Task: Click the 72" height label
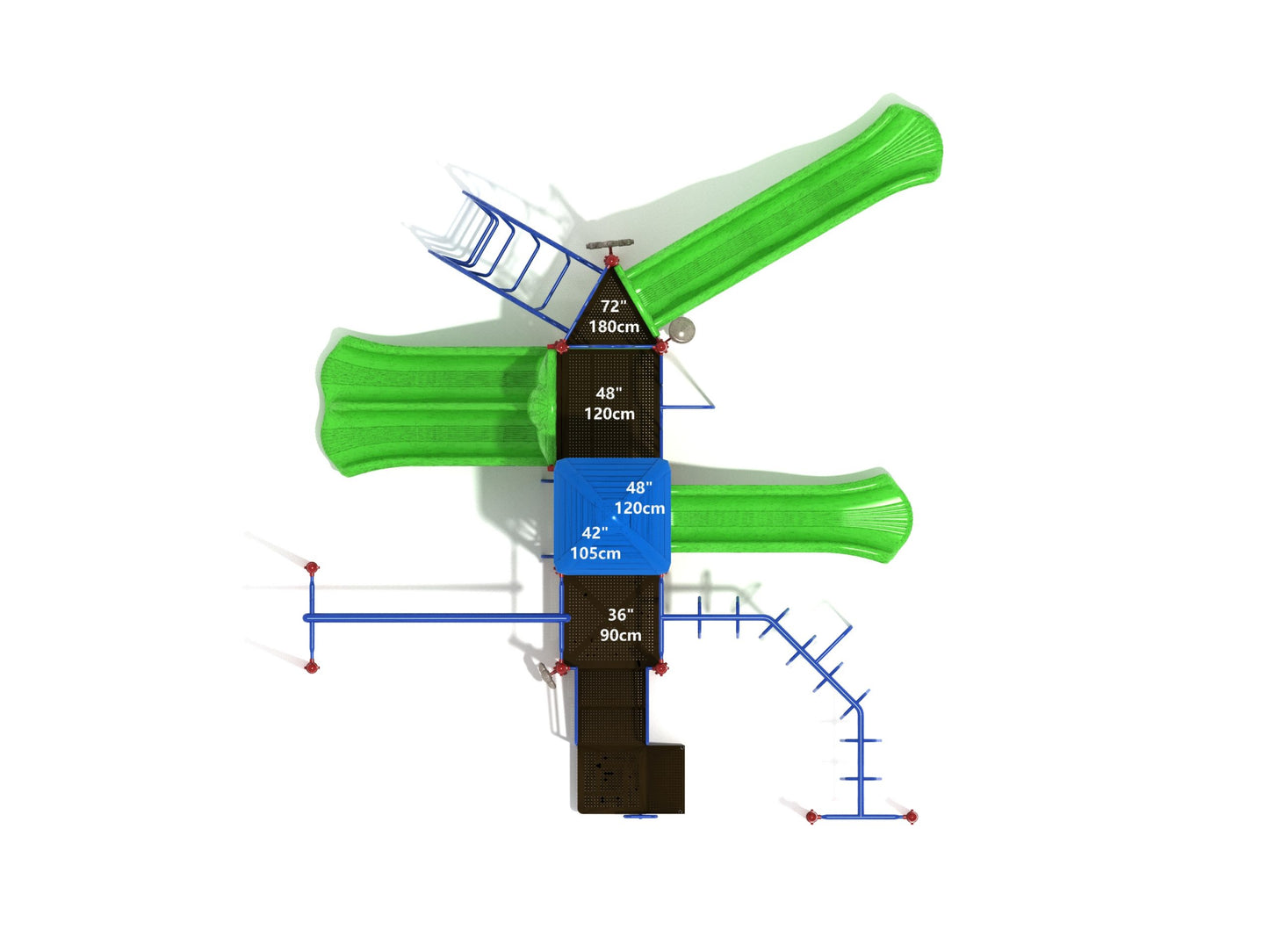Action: click(x=613, y=306)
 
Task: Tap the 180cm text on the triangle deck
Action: click(x=613, y=327)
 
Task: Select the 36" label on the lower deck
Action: click(x=620, y=615)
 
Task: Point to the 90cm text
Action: click(x=620, y=635)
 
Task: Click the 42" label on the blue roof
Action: click(x=595, y=532)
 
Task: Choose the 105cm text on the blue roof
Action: click(x=595, y=553)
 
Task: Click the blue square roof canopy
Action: click(x=612, y=516)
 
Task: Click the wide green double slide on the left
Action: click(x=434, y=406)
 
